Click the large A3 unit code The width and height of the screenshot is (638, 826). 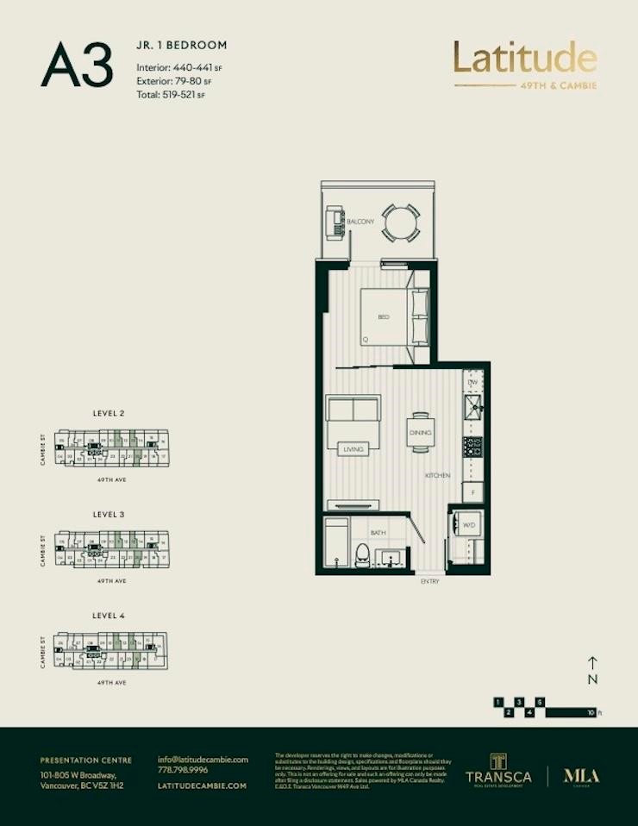pyautogui.click(x=77, y=66)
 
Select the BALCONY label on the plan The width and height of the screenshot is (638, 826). pyautogui.click(x=360, y=222)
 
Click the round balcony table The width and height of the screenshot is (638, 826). pyautogui.click(x=401, y=224)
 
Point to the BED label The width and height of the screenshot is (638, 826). pyautogui.click(x=384, y=317)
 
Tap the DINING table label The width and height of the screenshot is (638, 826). pyautogui.click(x=420, y=432)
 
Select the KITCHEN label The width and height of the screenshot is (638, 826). pyautogui.click(x=437, y=476)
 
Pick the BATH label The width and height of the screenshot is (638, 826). pyautogui.click(x=378, y=533)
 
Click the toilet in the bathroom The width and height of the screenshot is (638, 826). pyautogui.click(x=363, y=554)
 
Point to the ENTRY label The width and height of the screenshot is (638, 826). pyautogui.click(x=430, y=582)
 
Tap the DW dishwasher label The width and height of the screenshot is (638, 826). pyautogui.click(x=472, y=382)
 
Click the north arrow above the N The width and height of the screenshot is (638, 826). pyautogui.click(x=592, y=663)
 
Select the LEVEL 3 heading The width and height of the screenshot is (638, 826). pyautogui.click(x=109, y=514)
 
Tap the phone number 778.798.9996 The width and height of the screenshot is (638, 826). pyautogui.click(x=183, y=771)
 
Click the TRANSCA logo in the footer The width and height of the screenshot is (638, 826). pyautogui.click(x=498, y=770)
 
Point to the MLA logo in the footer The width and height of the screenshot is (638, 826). pyautogui.click(x=581, y=775)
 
